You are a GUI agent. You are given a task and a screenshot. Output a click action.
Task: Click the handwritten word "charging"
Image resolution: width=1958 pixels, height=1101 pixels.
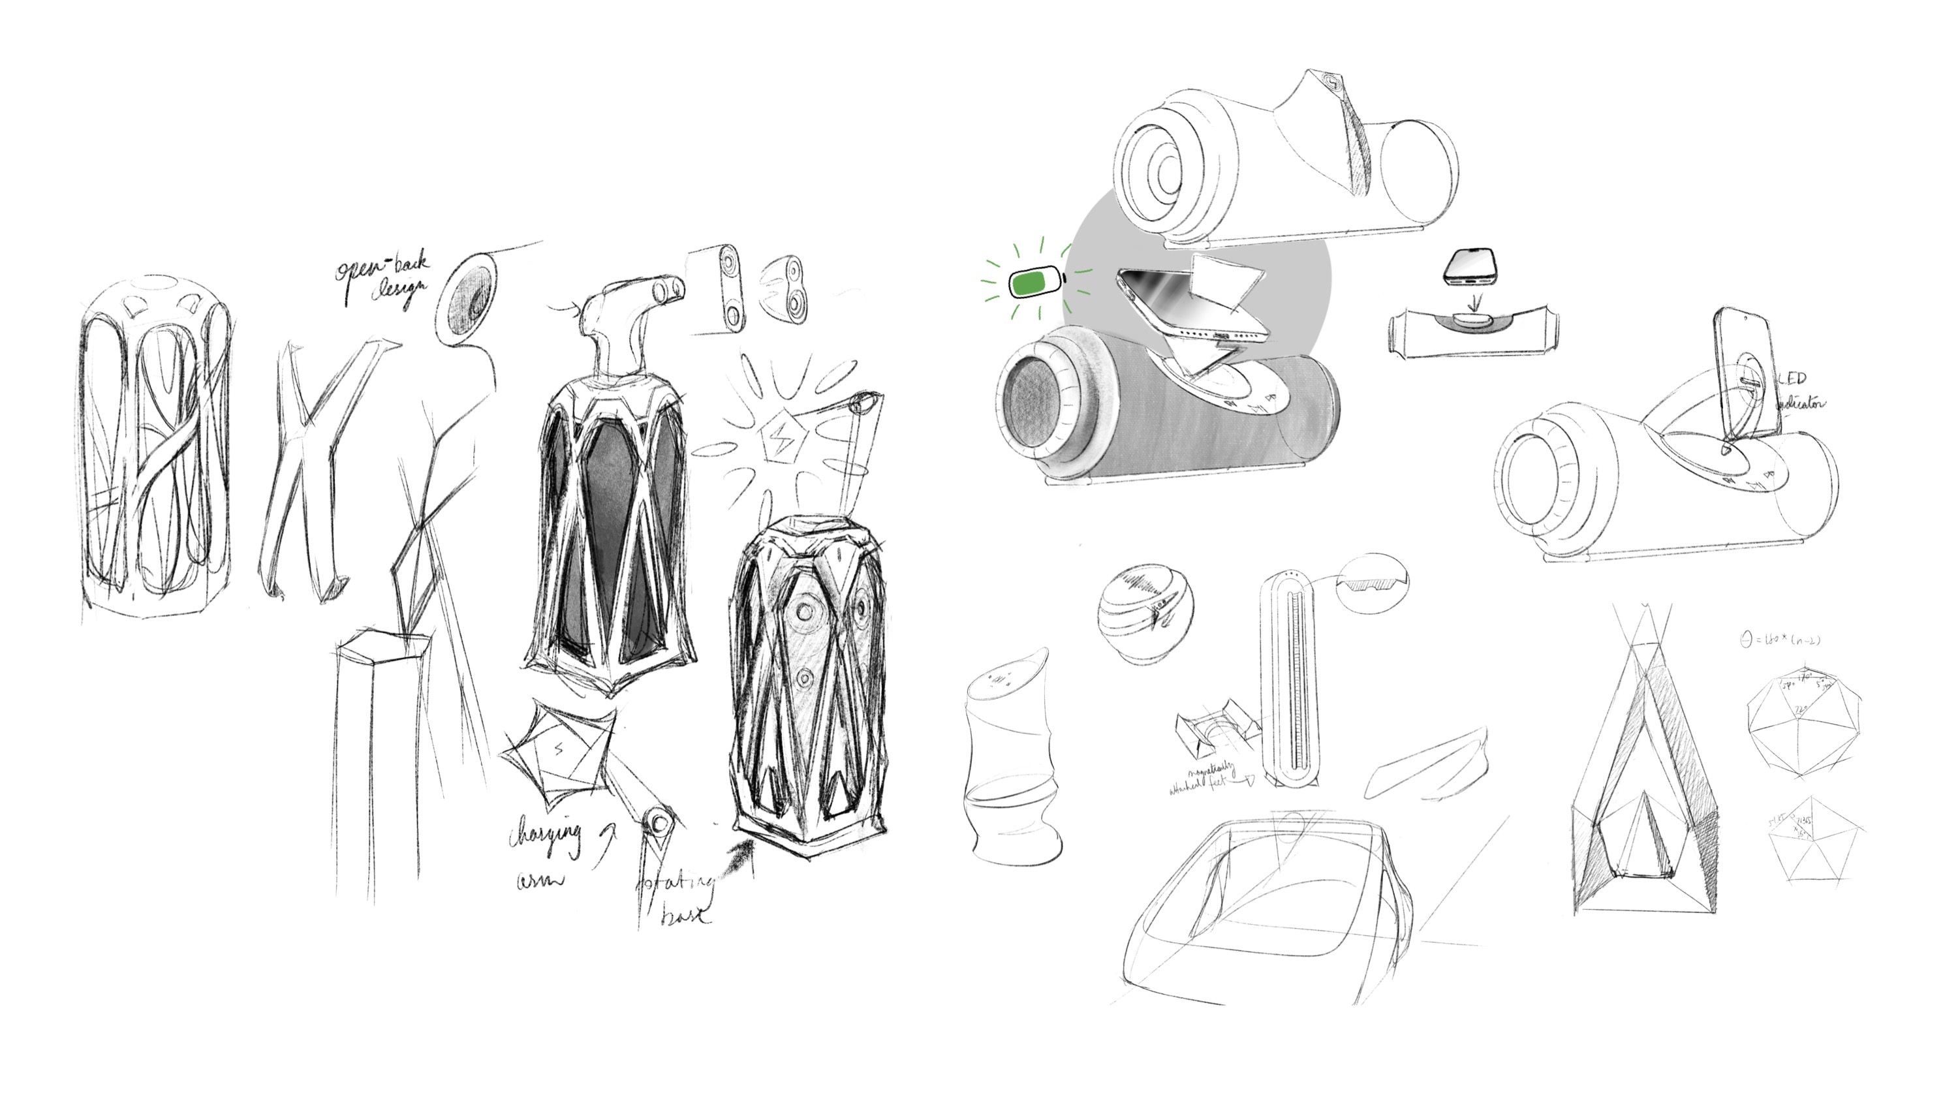point(544,835)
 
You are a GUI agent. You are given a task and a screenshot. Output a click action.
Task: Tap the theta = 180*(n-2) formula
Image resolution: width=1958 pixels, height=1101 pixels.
point(1779,640)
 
